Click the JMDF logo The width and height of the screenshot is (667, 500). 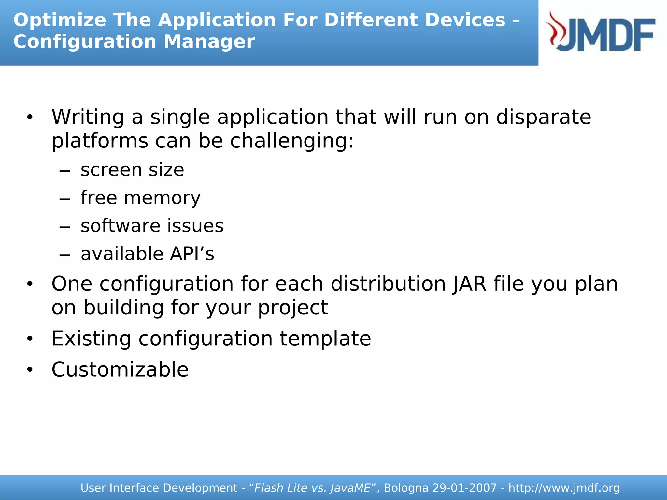pyautogui.click(x=601, y=33)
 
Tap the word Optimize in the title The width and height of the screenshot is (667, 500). pyautogui.click(x=60, y=20)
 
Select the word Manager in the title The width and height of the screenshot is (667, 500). pyautogui.click(x=209, y=42)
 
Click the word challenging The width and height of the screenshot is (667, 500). pyautogui.click(x=291, y=141)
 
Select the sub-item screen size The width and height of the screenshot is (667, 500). pyautogui.click(x=132, y=170)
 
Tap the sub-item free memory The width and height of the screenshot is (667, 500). pyautogui.click(x=140, y=198)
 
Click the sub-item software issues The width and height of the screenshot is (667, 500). pyautogui.click(x=152, y=226)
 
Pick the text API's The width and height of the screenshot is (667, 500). pyautogui.click(x=192, y=254)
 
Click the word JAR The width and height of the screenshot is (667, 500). pyautogui.click(x=469, y=284)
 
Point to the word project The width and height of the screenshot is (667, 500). pyautogui.click(x=293, y=308)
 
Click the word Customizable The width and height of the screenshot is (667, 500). pyautogui.click(x=120, y=370)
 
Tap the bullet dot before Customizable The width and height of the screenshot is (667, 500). pyautogui.click(x=30, y=370)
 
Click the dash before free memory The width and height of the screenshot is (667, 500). pyautogui.click(x=65, y=199)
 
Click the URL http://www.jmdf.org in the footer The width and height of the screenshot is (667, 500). pyautogui.click(x=564, y=488)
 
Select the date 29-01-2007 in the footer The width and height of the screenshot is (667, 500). pyautogui.click(x=464, y=488)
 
